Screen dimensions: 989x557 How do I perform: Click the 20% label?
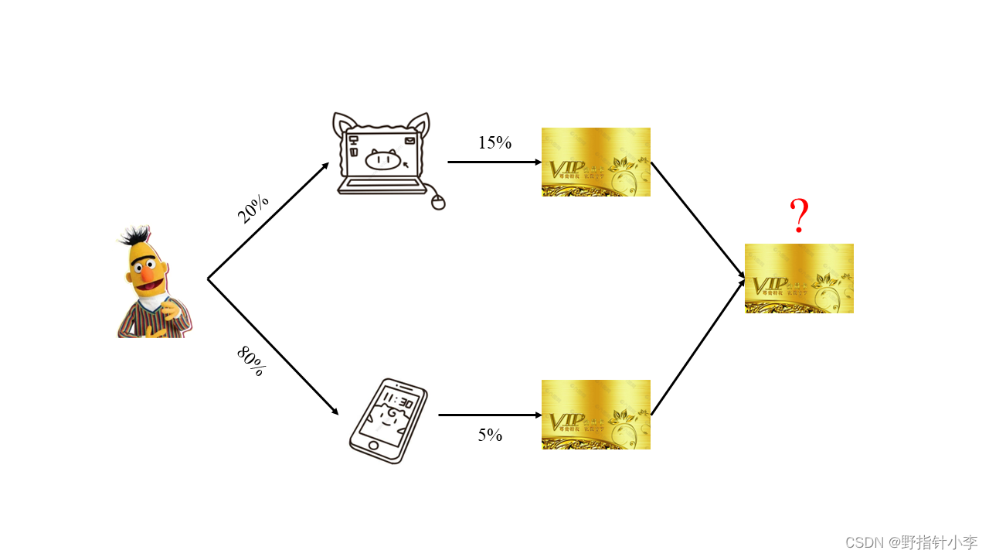[253, 209]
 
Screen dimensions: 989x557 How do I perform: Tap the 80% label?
[251, 361]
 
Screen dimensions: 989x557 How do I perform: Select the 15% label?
[494, 142]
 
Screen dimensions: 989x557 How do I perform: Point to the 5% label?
[490, 435]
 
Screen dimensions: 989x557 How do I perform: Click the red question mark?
[800, 217]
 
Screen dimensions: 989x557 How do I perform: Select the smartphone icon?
[388, 421]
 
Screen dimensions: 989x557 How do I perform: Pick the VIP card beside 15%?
[596, 162]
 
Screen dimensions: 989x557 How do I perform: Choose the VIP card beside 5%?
[596, 415]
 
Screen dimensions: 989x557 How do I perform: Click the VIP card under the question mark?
[799, 278]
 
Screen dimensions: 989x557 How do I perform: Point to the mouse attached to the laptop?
[438, 203]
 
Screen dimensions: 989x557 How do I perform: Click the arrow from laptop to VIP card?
[494, 162]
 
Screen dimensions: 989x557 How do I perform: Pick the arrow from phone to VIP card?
[490, 415]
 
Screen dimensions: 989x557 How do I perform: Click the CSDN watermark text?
[911, 542]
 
